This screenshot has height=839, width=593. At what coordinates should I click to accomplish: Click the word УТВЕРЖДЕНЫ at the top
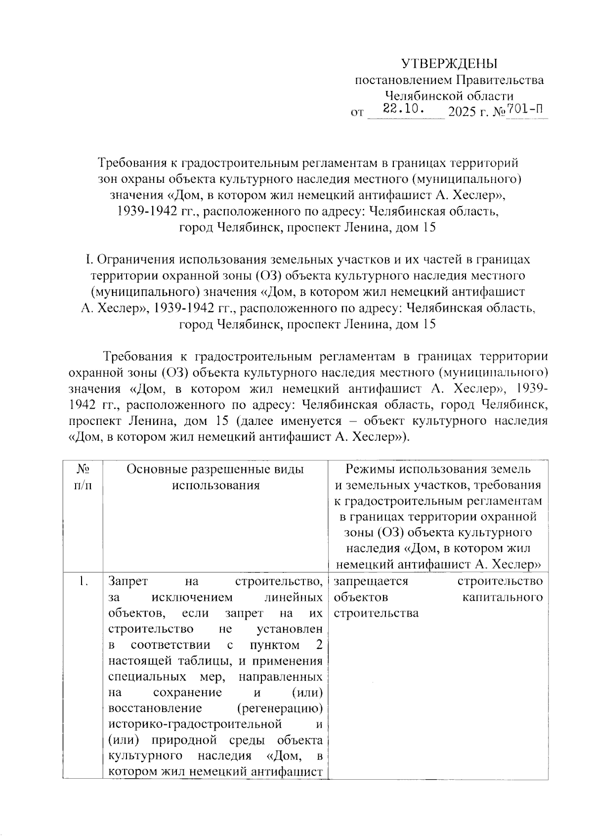click(448, 64)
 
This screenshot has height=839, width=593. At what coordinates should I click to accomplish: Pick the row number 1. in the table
click(83, 582)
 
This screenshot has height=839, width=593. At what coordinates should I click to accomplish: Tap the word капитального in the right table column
click(502, 597)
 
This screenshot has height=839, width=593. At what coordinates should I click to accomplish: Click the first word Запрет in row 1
click(125, 582)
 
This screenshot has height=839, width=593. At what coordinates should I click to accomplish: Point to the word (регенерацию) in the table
click(280, 709)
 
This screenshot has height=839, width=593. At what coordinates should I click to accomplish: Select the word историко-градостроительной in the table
click(195, 724)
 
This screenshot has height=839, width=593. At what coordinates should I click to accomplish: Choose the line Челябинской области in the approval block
click(449, 96)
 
